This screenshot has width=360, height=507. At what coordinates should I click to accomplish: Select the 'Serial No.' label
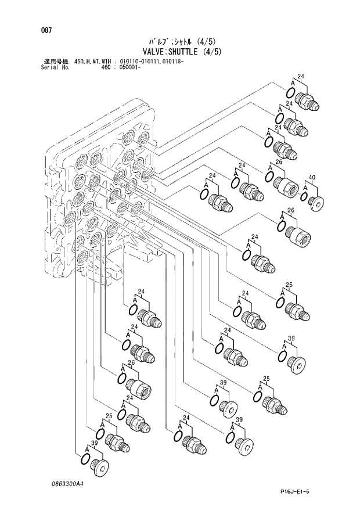[56, 67]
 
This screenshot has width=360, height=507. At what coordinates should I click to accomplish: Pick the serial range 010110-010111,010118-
[153, 61]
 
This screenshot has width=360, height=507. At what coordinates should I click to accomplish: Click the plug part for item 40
[316, 202]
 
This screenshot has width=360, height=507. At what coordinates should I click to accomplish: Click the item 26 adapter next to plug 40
[285, 184]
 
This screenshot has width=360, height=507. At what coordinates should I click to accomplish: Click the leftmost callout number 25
[109, 416]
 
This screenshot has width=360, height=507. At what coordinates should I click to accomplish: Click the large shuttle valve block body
[102, 197]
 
